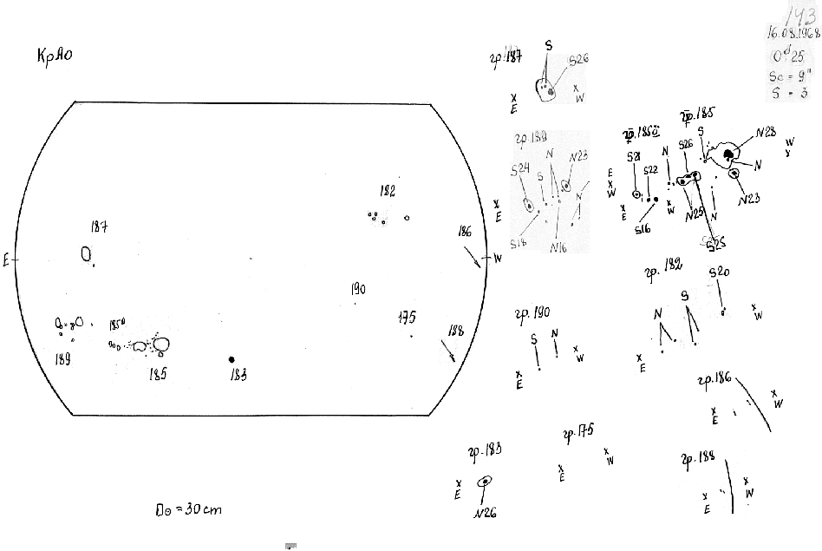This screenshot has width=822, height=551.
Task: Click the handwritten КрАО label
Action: (x=54, y=58)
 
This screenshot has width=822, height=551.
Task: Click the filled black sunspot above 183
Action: (x=232, y=359)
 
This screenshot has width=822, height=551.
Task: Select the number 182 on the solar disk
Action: (x=387, y=192)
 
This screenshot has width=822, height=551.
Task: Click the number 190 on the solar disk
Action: (x=358, y=289)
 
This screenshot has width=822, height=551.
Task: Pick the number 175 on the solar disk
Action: (x=407, y=318)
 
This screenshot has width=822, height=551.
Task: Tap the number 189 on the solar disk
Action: (x=62, y=358)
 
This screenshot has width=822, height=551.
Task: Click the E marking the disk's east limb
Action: (x=6, y=259)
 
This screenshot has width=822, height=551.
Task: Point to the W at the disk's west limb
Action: (x=497, y=259)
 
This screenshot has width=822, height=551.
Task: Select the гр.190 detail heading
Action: (x=532, y=314)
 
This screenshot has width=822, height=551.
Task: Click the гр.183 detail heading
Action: (x=484, y=450)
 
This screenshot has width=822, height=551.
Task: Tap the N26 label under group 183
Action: (x=485, y=513)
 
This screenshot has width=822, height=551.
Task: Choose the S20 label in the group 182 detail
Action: (x=719, y=272)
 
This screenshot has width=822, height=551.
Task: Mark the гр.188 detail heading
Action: (x=697, y=458)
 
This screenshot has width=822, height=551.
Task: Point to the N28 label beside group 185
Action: (x=766, y=133)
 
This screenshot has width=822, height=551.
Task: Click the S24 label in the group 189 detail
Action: (x=520, y=169)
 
